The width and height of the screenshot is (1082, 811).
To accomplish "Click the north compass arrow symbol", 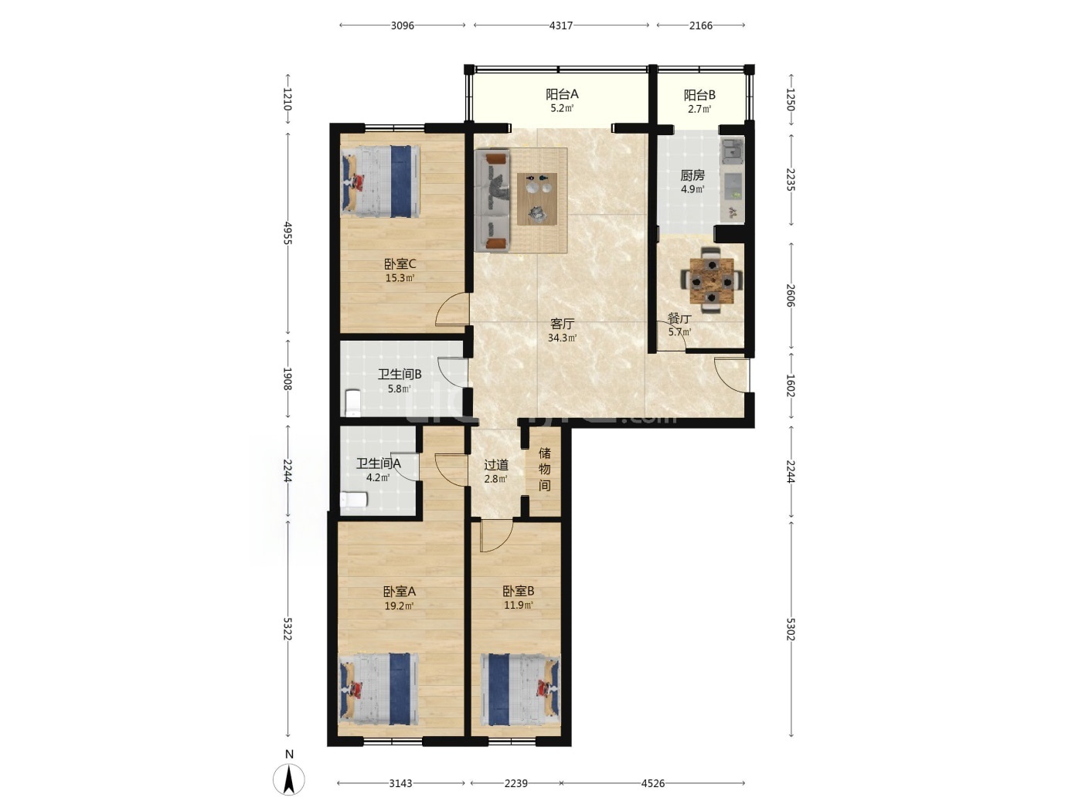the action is [289, 779].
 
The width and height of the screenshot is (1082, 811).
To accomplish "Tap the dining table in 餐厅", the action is [711, 280].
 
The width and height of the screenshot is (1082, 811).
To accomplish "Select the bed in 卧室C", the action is [381, 181].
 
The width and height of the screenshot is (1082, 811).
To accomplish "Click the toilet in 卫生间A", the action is [354, 499].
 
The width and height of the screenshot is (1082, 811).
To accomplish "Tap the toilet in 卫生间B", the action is [353, 403].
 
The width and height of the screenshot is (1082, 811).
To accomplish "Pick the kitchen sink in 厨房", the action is [733, 151].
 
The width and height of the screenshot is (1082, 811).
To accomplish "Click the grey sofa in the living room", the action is [492, 201].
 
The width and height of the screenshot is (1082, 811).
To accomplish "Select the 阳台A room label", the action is [562, 94].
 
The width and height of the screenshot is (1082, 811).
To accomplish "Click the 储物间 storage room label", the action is [544, 469].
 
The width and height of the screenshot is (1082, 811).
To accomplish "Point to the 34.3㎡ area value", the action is [562, 338].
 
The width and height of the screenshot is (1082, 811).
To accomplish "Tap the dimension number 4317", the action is [561, 25].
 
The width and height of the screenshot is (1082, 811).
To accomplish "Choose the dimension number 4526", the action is [652, 783].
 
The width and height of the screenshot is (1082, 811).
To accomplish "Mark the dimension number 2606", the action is [790, 296].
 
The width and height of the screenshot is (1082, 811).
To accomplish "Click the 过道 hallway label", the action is [496, 465].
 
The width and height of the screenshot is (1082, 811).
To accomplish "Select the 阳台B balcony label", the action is [699, 94].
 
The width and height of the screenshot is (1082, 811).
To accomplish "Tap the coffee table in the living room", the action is [537, 199].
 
